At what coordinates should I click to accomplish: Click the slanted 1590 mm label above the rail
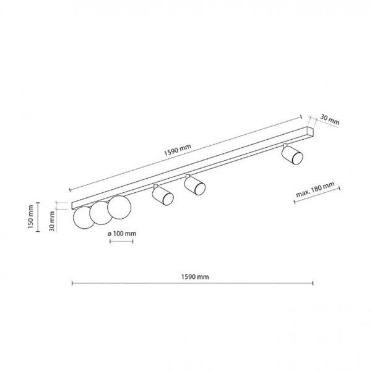(178, 150)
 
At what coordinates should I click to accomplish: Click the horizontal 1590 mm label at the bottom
(195, 276)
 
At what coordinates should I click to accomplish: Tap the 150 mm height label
(30, 216)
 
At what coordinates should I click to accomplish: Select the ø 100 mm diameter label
(122, 234)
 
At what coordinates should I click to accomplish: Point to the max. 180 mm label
(315, 190)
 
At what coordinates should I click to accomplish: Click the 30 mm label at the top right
(330, 119)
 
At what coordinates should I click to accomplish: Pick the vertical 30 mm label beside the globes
(52, 221)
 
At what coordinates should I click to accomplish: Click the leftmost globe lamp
(83, 218)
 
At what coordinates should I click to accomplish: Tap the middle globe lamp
(100, 213)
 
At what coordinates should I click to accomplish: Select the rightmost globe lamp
(119, 207)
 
